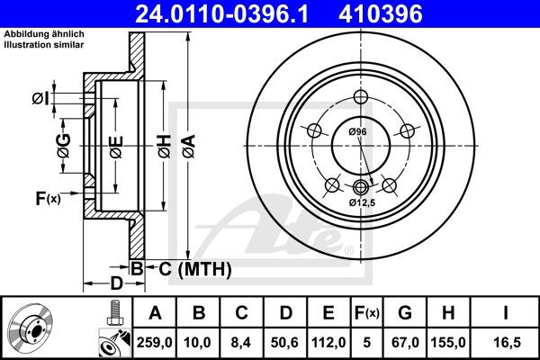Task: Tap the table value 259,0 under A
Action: point(155,341)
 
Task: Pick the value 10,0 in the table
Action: point(200,341)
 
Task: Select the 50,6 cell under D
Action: point(286,341)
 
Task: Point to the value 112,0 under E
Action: point(329,341)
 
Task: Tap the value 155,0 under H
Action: point(454,341)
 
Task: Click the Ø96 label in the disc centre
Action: point(358,132)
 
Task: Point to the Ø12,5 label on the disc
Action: point(363,202)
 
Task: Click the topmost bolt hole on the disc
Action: point(361,98)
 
